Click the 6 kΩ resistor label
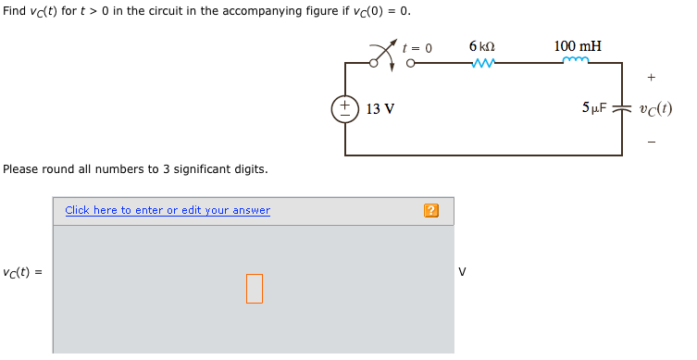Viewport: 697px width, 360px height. [x=481, y=46]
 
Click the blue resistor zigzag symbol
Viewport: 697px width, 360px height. [x=482, y=64]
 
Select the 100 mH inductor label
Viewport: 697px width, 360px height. [x=577, y=46]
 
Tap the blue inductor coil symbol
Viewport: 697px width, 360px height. [x=576, y=62]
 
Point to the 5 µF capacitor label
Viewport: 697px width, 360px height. [x=593, y=107]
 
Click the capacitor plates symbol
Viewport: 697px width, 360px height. [x=622, y=108]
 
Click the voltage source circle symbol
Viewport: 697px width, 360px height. [x=345, y=108]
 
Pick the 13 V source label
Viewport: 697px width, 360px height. [x=380, y=109]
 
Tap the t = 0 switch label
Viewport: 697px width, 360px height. [x=417, y=47]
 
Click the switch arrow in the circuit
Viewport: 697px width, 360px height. [x=382, y=54]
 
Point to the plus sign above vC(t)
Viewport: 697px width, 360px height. [x=652, y=78]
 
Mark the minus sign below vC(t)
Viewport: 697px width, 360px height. [x=652, y=142]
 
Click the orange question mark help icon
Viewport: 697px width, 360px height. [x=430, y=211]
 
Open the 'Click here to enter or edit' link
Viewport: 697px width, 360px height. [x=168, y=210]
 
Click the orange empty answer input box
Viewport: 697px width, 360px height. [x=255, y=288]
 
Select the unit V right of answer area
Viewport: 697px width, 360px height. [x=462, y=272]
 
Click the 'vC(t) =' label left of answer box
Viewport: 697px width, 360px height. [x=22, y=272]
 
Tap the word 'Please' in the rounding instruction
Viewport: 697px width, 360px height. [x=20, y=169]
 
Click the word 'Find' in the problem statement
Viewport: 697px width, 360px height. [x=14, y=11]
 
